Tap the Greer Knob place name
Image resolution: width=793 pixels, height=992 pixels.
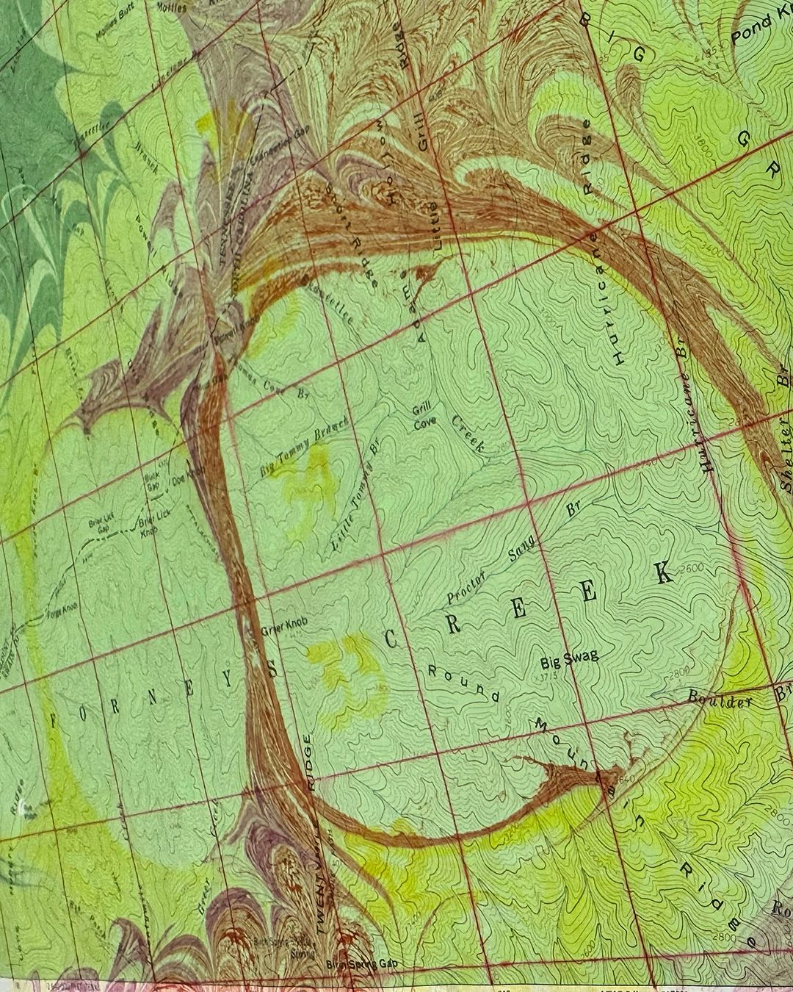(283, 628)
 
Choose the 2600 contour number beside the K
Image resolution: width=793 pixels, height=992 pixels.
(691, 567)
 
